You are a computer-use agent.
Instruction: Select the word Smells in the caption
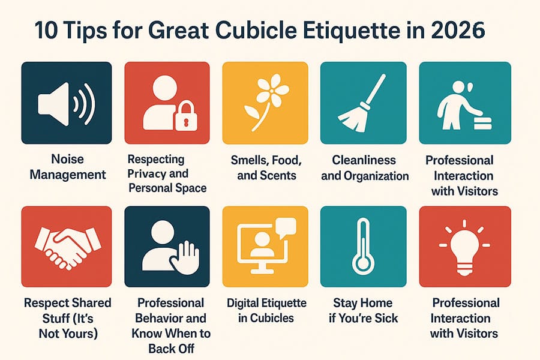click(x=248, y=160)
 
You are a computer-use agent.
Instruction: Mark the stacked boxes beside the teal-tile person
click(x=482, y=122)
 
